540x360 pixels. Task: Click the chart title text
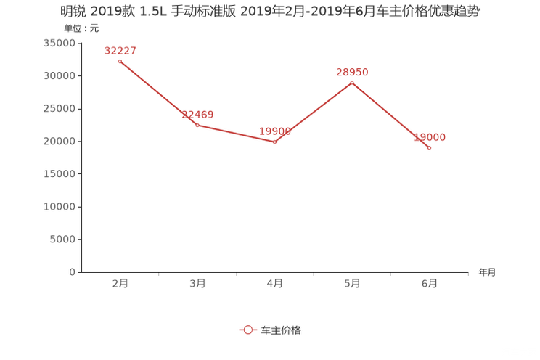[x=270, y=11]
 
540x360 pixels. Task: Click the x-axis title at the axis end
[x=487, y=273]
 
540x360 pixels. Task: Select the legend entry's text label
[x=280, y=330]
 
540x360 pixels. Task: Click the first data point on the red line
[x=120, y=61]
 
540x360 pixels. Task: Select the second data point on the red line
[x=197, y=125]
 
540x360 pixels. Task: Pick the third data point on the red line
[x=274, y=142]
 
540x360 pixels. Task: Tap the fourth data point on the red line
[x=352, y=83]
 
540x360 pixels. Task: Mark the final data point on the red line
[x=430, y=147]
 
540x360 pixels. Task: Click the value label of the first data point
[x=120, y=50]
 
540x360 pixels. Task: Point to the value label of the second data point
[x=197, y=114]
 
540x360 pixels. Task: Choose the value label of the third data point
[x=275, y=131]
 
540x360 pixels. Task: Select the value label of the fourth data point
[x=352, y=72]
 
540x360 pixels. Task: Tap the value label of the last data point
[x=430, y=136]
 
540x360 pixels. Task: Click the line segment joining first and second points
[x=158, y=93]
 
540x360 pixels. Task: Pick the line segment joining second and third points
[x=236, y=134]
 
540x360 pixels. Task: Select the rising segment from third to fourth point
[x=314, y=112]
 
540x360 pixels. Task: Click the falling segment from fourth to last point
[x=391, y=115]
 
